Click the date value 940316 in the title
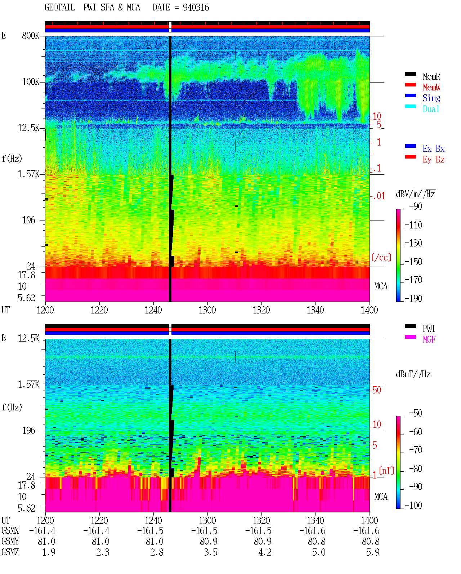click(x=196, y=8)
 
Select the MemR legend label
click(x=431, y=76)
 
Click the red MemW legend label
click(x=431, y=87)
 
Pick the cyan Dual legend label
click(x=431, y=109)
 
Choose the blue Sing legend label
click(x=431, y=98)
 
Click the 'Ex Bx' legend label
click(x=433, y=148)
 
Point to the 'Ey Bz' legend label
click(x=433, y=160)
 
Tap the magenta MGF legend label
click(x=429, y=339)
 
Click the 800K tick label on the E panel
click(x=31, y=35)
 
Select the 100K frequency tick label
click(x=31, y=82)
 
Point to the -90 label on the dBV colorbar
click(x=415, y=206)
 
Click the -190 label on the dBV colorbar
click(x=413, y=298)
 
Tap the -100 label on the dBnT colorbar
click(x=413, y=505)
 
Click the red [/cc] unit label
click(x=381, y=257)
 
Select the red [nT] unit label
click(x=386, y=471)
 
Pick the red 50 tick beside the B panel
click(x=377, y=390)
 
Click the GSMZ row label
click(x=10, y=552)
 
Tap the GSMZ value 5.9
click(x=373, y=552)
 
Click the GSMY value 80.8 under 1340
click(x=317, y=541)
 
